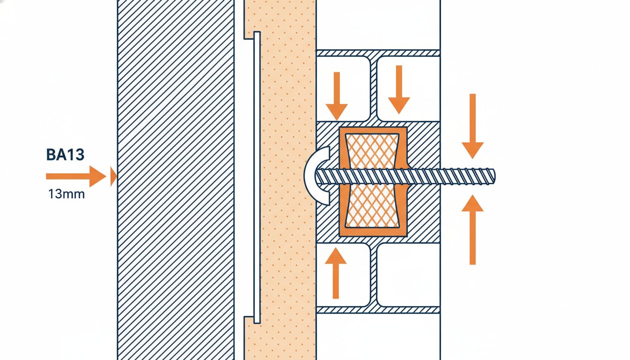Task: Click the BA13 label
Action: [x=65, y=155]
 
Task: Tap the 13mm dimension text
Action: [x=67, y=195]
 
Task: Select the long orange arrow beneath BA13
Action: [x=76, y=176]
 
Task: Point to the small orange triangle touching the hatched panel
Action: [x=113, y=176]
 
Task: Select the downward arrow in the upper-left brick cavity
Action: [x=337, y=96]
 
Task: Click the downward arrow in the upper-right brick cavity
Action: [x=399, y=90]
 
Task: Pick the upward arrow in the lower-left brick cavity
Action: [x=336, y=273]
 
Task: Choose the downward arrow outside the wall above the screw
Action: [x=472, y=126]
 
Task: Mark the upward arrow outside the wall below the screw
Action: [x=472, y=230]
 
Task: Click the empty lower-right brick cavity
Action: [x=408, y=275]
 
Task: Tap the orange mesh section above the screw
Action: [x=373, y=151]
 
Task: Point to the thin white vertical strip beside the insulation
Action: [x=257, y=178]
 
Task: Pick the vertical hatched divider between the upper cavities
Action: [x=373, y=89]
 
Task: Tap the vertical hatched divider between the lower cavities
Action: [x=373, y=275]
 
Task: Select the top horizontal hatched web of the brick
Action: [x=378, y=53]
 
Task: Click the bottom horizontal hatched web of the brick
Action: [x=378, y=310]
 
